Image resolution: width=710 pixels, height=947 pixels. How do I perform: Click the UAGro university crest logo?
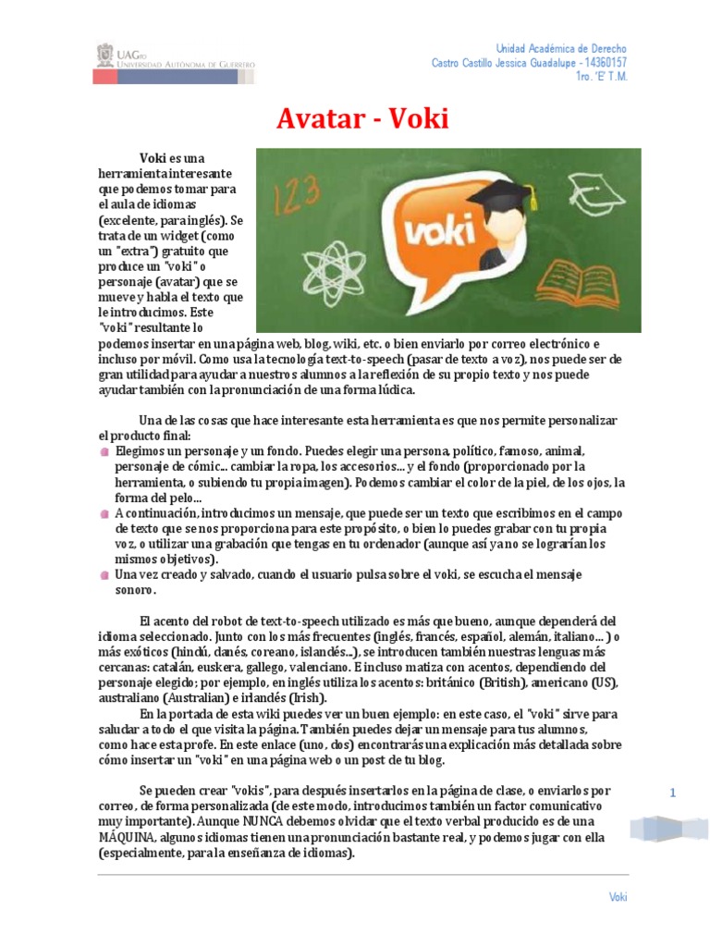point(105,55)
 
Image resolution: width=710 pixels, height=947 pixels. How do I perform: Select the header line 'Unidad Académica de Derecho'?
point(561,48)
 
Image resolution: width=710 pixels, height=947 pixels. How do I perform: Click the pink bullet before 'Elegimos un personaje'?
point(105,450)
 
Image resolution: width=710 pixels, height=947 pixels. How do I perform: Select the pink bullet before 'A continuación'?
point(105,512)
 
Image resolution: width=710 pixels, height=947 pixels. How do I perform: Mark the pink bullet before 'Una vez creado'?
point(105,574)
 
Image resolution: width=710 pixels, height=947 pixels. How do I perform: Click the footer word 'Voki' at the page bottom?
point(618,896)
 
